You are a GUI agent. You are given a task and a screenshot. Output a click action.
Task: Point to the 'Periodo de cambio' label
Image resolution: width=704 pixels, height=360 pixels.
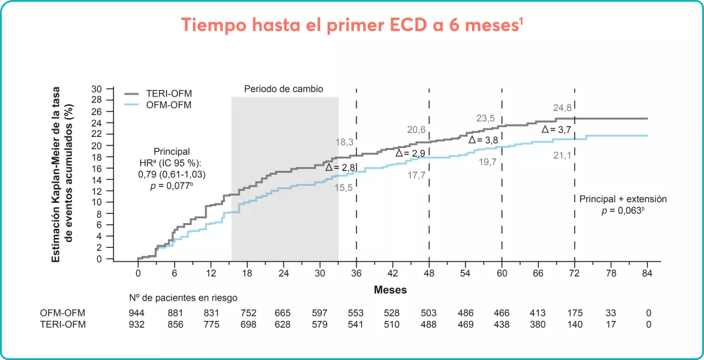coord(284,89)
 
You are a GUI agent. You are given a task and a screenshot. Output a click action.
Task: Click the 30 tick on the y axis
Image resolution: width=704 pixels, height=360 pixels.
coord(97,89)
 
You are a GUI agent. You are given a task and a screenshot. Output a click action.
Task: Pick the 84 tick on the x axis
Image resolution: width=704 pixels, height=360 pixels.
coord(647,272)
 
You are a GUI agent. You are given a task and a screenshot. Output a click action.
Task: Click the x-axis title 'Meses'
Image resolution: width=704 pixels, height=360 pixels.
coord(391,290)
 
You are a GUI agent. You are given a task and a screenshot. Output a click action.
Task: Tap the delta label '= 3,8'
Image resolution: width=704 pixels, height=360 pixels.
coord(484,140)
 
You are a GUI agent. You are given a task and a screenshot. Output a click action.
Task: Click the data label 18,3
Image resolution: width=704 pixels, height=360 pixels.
coord(344,142)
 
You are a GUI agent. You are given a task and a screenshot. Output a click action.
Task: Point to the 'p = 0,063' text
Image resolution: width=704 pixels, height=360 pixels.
coord(623,211)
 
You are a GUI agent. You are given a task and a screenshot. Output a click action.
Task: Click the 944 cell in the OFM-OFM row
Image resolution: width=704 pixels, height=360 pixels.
coord(138,312)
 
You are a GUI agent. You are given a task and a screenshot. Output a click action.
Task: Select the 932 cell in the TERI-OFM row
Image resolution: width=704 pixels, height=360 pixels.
coord(138,324)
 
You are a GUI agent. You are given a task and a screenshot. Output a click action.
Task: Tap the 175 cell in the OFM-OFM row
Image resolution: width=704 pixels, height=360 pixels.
coord(575,312)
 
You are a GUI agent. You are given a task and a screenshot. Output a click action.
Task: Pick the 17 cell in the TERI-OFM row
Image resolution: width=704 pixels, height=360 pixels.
coord(611,324)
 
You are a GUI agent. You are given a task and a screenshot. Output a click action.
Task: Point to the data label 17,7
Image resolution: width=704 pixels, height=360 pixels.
coord(417,175)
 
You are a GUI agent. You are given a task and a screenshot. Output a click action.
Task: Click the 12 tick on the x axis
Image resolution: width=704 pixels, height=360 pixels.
coord(211,272)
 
